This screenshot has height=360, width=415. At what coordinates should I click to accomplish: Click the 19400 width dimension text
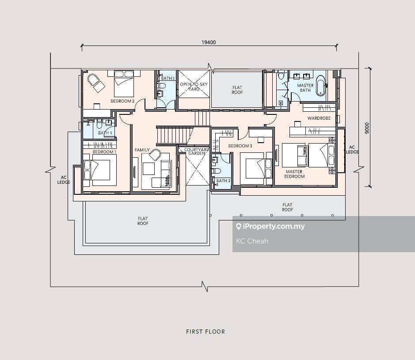point(209,42)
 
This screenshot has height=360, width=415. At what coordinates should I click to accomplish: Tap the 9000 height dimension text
point(366,128)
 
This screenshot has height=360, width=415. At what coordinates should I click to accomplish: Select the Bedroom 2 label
point(122,101)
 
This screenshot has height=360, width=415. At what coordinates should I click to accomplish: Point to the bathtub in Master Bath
point(320,85)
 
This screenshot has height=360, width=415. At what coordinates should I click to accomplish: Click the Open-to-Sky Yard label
point(194,87)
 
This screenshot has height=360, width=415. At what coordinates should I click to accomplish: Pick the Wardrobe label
point(319,118)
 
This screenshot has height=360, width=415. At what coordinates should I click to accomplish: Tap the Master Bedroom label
point(294,174)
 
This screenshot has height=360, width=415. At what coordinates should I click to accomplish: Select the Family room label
point(142,150)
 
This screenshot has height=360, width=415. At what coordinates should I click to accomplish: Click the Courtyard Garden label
point(197,152)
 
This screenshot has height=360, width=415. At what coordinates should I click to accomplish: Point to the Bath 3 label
point(223,181)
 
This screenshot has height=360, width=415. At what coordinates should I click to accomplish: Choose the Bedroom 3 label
point(240,146)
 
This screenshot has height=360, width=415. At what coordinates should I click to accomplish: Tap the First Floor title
point(206,332)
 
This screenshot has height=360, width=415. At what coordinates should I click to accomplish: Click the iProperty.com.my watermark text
point(270,227)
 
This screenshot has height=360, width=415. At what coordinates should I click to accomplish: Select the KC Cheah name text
point(252,241)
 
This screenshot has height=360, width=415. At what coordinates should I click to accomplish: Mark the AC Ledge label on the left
point(64,180)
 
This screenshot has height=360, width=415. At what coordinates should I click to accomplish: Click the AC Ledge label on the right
point(352,149)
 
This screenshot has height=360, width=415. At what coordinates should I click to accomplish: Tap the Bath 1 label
point(105,133)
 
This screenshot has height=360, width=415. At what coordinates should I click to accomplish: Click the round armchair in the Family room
point(155,155)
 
